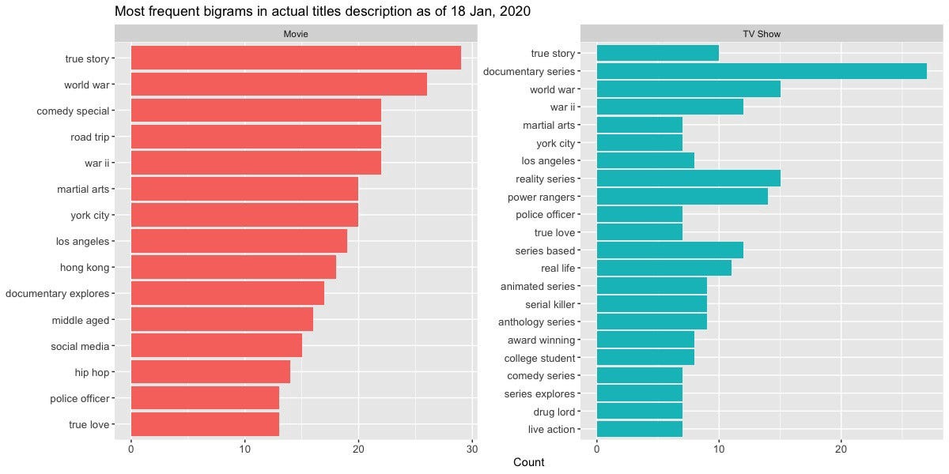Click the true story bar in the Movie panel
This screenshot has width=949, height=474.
[296, 58]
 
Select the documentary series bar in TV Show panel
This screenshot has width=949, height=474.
[762, 71]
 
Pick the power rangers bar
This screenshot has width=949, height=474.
[682, 196]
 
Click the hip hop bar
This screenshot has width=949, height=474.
[210, 371]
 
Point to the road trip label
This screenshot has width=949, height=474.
[89, 137]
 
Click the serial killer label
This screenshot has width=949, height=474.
[550, 304]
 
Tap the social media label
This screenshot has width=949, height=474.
[80, 346]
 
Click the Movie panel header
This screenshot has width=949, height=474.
[296, 34]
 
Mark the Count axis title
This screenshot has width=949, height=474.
[528, 462]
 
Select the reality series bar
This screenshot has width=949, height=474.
[688, 179]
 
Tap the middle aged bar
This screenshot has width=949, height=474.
[221, 319]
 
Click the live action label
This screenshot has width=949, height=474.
[552, 430]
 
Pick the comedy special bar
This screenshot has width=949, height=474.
[255, 111]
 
